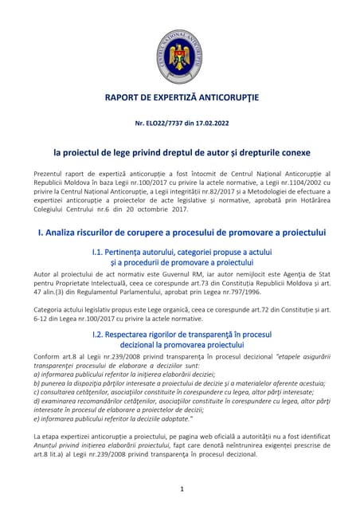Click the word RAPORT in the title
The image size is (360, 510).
click(126, 98)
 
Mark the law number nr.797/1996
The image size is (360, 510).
click(239, 292)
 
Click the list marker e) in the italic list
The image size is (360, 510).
click(37, 418)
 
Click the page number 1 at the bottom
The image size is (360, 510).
click(181, 488)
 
